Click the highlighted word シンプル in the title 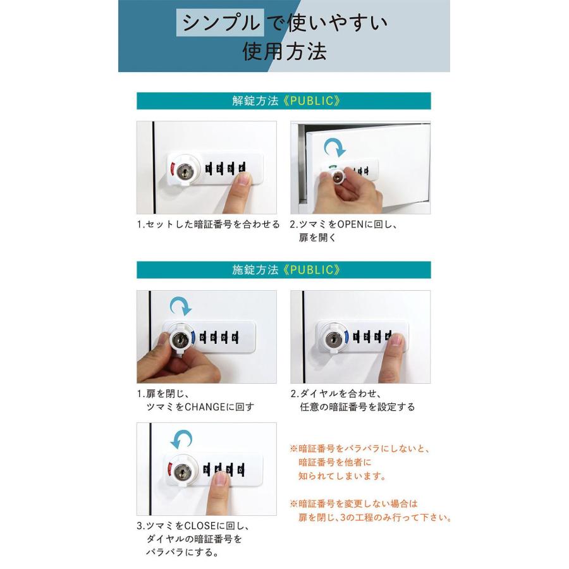[220, 23]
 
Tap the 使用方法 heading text [284, 51]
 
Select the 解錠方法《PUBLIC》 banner [284, 101]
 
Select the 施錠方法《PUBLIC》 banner [284, 269]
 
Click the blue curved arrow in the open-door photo [334, 148]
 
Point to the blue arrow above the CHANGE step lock [181, 306]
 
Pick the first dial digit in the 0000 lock [203, 338]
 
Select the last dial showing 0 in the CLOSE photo [241, 470]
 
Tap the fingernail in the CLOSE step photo [221, 479]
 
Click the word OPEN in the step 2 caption [350, 224]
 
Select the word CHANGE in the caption [205, 407]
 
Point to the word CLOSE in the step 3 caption [200, 526]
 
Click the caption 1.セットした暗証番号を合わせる [208, 224]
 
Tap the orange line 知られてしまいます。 [341, 475]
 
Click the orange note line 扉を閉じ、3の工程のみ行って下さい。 [374, 517]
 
